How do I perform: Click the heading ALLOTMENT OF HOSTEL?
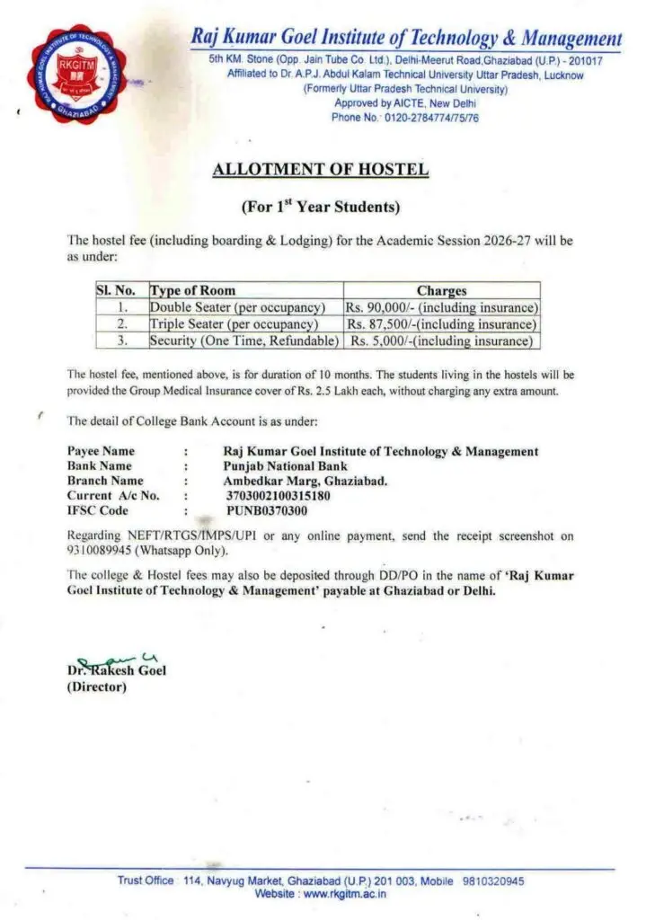(321, 170)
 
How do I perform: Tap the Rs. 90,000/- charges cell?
(441, 307)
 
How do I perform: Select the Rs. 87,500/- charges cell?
(441, 324)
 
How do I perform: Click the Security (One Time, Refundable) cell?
(244, 341)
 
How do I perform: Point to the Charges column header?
(441, 291)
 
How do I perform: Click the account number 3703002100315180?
(278, 495)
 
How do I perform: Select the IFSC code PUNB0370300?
(266, 510)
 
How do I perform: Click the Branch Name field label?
(105, 481)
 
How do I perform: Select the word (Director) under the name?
(97, 687)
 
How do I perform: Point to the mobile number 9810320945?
(494, 881)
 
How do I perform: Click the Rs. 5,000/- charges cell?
(441, 341)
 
